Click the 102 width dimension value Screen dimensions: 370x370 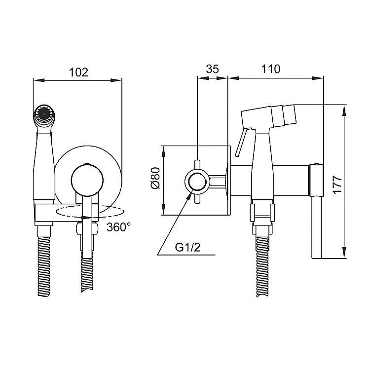(78, 72)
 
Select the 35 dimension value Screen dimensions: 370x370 (212, 69)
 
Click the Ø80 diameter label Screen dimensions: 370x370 (155, 180)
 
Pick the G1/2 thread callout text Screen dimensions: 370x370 (188, 247)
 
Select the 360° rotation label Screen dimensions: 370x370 (118, 228)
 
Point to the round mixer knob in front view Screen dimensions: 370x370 (87, 181)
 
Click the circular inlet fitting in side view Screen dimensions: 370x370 (197, 181)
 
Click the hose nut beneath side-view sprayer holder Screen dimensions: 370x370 (262, 229)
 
